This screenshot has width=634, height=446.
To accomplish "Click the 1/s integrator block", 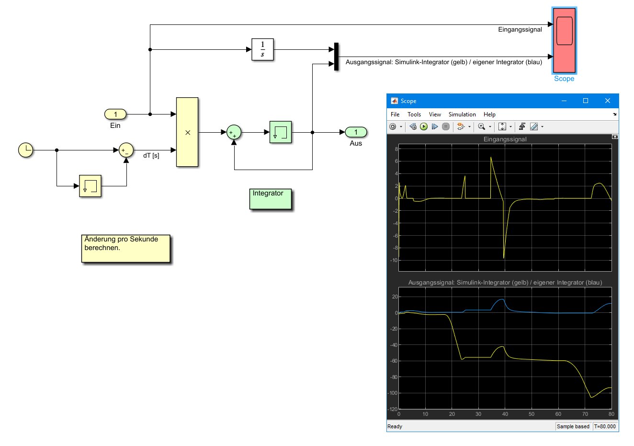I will pos(262,49).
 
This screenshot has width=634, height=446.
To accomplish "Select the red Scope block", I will pos(564,40).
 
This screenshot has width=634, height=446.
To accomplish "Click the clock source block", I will pos(26,150).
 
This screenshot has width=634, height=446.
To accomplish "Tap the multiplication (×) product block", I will pos(187,132).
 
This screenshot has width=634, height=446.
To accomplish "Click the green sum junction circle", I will pos(234,132).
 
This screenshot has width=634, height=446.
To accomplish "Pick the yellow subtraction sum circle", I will pos(126,150).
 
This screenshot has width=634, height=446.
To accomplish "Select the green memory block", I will pos(281,132).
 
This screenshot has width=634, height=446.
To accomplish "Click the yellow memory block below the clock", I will pos(91,186).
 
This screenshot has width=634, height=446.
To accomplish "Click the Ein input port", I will pos(115,114).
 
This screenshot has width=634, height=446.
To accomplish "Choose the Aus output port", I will pos(356,132).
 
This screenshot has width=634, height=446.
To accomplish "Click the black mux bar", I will pos(336,57).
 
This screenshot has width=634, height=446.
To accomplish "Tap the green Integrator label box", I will pos(271,199).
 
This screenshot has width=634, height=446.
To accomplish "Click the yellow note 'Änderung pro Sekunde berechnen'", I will pos(126,248).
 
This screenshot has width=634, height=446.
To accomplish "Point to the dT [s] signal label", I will pos(151,156).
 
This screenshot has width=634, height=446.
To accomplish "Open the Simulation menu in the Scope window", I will pos(462,114).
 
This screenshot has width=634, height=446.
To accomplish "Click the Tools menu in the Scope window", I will pos(414,114).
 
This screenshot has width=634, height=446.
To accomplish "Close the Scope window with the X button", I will pos(607,101).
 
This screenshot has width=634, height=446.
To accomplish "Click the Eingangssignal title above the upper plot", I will pos(505,139).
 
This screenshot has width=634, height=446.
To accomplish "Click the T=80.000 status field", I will pos(605,426).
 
